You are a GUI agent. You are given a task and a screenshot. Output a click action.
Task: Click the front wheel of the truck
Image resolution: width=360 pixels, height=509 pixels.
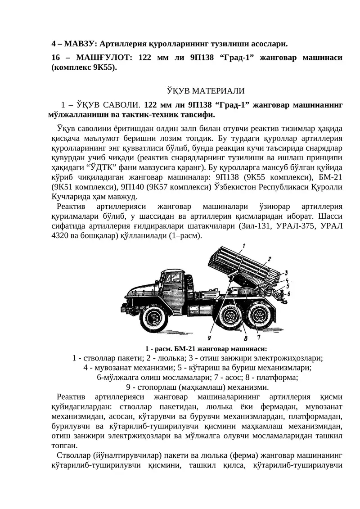click(x=154, y=318)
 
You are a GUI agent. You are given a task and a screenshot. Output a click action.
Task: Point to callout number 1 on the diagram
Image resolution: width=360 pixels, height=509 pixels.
click(x=243, y=245)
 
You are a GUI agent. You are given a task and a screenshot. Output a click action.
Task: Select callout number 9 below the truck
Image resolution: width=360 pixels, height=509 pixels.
click(x=210, y=337)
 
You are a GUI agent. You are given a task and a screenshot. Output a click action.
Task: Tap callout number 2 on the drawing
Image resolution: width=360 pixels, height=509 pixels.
click(x=269, y=259)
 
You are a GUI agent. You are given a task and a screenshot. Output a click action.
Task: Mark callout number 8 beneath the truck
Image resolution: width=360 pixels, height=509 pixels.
click(x=245, y=338)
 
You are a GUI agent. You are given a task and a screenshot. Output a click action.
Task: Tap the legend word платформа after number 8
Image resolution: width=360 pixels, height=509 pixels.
click(x=276, y=378)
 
